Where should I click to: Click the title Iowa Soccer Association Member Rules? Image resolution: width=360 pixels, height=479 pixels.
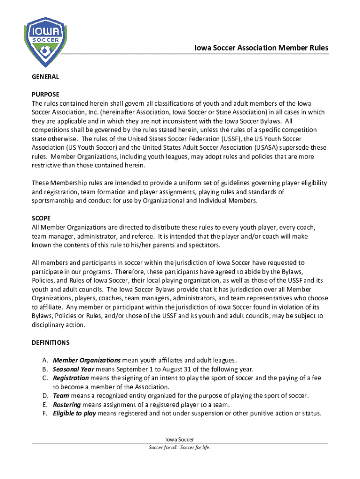coord(261,48)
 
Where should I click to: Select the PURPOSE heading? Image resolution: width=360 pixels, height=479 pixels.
coord(45,94)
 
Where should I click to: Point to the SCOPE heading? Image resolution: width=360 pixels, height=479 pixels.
coord(41,218)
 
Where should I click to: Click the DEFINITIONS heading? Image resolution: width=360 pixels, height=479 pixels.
coord(50,342)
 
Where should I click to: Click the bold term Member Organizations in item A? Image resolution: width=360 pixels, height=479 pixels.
coord(86,360)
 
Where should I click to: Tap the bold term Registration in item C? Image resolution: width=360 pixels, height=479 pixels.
coord(71,378)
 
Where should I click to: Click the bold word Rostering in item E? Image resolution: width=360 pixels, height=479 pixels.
coord(67,405)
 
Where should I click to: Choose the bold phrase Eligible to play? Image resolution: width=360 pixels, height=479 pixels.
coord(75,414)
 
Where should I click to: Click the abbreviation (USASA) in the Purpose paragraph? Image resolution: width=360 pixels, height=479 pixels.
coord(267,147)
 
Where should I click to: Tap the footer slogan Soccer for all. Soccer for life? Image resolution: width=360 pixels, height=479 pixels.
coord(180,448)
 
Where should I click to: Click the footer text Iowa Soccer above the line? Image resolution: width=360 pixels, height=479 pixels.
coord(180,440)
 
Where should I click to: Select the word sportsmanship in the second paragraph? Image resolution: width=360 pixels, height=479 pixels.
coord(52,201)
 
